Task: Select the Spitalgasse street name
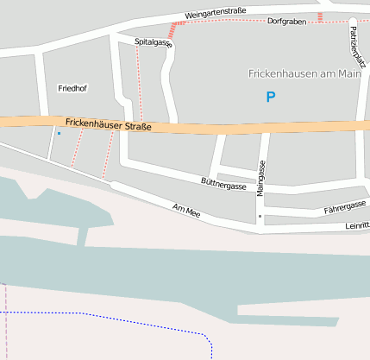tap(154, 41)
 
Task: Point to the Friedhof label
tap(72, 89)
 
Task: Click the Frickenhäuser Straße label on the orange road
tap(109, 125)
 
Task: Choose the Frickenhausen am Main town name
tap(304, 74)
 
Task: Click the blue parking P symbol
tap(271, 98)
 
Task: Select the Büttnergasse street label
tap(223, 186)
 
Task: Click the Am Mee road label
tap(185, 210)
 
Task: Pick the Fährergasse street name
tap(345, 205)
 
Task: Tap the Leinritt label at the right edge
tap(357, 225)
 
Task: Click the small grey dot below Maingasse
tap(260, 216)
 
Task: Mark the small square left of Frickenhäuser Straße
tap(59, 134)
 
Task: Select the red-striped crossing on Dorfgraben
tap(320, 17)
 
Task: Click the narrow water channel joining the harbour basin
tap(83, 233)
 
